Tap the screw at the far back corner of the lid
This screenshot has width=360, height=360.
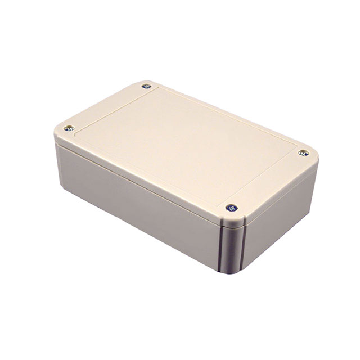point(147,87)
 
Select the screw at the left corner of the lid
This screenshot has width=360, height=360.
point(69,128)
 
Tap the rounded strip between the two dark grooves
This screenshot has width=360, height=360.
point(232,251)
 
